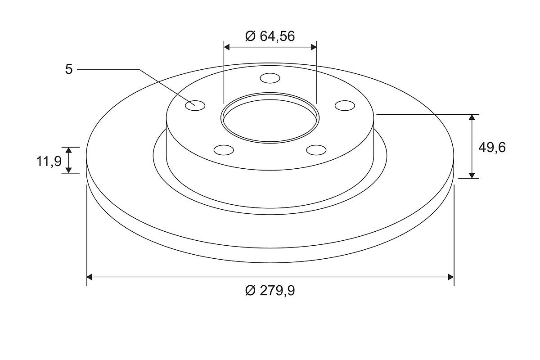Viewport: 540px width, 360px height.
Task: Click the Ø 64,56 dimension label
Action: pos(270,36)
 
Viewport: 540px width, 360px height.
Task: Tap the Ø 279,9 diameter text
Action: pos(270,291)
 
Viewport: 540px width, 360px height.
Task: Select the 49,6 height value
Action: pos(492,148)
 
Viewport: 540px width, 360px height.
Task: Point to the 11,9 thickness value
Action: pos(49,161)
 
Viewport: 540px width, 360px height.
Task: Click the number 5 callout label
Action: pos(69,69)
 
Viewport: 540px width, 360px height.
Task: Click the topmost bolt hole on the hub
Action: pos(270,78)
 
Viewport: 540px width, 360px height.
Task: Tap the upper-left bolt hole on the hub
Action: pos(195,106)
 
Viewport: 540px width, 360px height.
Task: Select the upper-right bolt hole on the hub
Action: pos(345,106)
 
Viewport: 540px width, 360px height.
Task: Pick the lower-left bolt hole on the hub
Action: pos(224,150)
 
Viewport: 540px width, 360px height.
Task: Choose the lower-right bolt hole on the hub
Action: pos(316,150)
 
